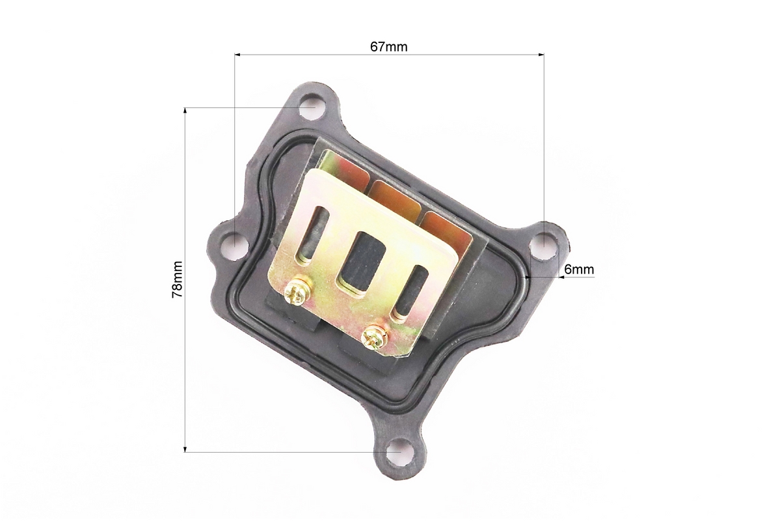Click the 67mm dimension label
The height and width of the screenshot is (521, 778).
388,47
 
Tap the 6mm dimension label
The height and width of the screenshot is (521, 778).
579,270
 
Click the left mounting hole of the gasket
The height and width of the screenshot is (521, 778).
235,242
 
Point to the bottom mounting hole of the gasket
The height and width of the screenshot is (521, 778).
400,451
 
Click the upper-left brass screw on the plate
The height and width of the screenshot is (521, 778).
296,292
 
